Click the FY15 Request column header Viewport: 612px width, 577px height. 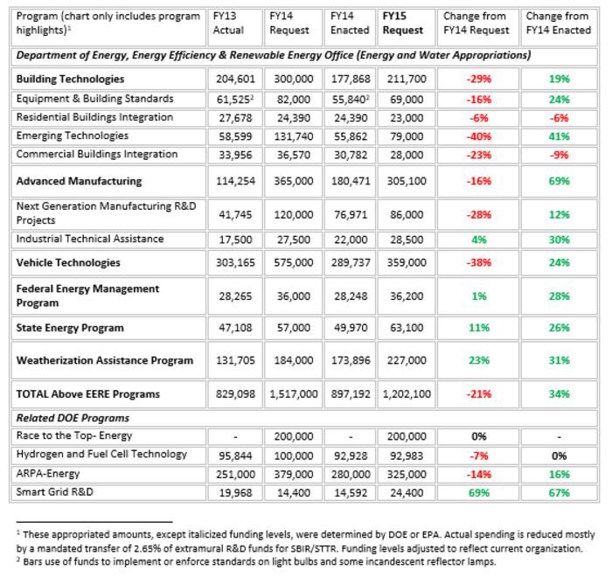pos(402,23)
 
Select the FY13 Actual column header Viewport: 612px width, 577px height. pos(228,23)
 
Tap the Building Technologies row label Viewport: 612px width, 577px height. pos(70,79)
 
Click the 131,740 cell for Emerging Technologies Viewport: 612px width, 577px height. pos(294,136)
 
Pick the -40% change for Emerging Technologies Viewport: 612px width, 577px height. pos(478,136)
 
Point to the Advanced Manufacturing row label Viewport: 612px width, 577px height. pos(79,181)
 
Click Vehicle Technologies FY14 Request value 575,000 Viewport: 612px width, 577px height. pos(294,263)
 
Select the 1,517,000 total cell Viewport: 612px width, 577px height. pos(294,394)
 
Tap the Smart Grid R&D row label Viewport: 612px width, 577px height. pos(54,492)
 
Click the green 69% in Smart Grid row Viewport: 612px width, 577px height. pos(478,493)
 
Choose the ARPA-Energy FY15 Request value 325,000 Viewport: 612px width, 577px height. pos(407,475)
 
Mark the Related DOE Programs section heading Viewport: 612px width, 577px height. pos(73,418)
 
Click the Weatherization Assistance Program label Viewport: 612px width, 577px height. pos(105,360)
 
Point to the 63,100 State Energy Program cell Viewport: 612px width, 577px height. pos(407,328)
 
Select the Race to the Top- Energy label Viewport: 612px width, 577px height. pos(74,435)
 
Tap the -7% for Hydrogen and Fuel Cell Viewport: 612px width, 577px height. pos(478,456)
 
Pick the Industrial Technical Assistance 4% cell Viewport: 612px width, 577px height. pos(478,240)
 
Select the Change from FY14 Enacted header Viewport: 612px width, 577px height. pos(558,23)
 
